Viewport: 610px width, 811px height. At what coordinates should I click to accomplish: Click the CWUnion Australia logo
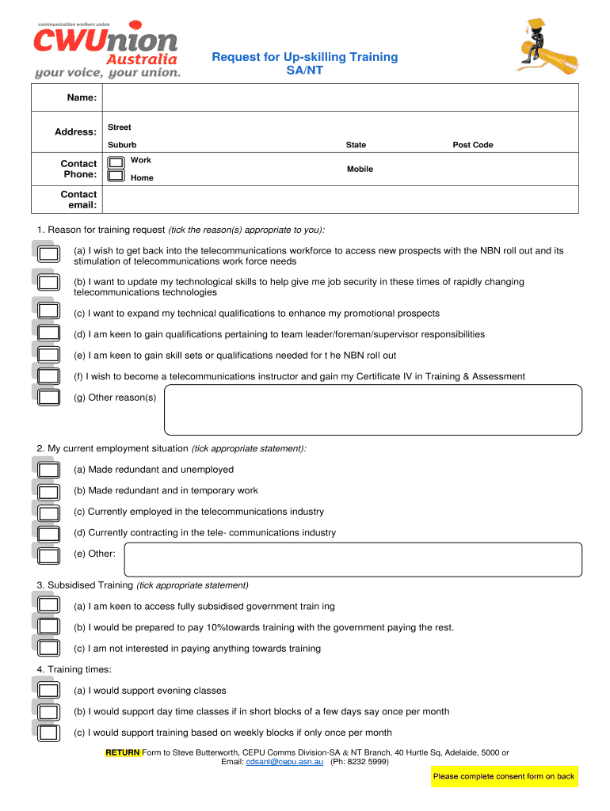click(x=107, y=49)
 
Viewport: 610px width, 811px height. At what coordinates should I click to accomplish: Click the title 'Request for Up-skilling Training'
click(x=304, y=57)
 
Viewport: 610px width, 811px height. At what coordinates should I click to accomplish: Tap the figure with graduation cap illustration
click(x=546, y=48)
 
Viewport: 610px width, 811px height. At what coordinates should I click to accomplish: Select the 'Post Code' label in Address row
click(x=472, y=145)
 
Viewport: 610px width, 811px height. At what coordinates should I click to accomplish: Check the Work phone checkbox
click(x=116, y=161)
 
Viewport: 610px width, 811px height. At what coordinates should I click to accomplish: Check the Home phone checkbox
click(x=116, y=176)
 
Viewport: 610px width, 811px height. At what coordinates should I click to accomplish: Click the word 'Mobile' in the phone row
click(x=360, y=169)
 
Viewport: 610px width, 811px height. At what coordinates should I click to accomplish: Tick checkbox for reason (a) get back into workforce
click(x=49, y=254)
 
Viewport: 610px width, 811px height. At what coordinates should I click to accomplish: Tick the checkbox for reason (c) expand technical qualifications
click(x=49, y=312)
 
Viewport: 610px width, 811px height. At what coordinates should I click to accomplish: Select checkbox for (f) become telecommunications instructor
click(x=49, y=376)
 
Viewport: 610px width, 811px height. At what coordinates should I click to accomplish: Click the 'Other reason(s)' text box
click(x=372, y=410)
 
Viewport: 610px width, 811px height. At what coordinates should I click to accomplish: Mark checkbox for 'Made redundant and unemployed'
click(x=49, y=470)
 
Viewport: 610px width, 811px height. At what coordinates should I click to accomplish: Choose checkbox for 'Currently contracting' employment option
click(x=49, y=533)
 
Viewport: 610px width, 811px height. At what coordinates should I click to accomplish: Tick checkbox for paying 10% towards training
click(x=49, y=627)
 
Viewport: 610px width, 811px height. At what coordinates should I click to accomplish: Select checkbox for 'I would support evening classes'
click(x=49, y=691)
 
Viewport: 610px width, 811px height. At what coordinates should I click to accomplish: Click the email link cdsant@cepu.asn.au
click(x=284, y=762)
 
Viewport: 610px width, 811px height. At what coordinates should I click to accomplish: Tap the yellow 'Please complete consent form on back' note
click(x=504, y=776)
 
